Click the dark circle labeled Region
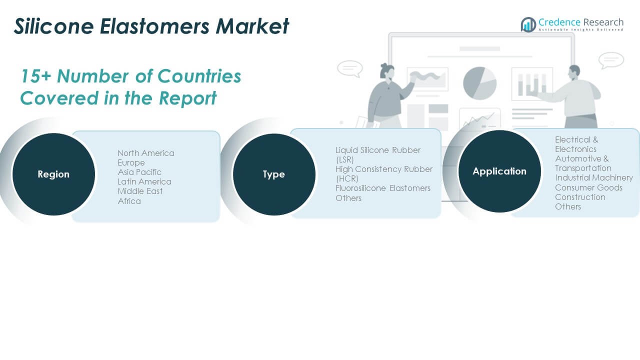[53, 174]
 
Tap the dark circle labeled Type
[274, 174]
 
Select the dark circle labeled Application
[499, 171]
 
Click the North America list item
[146, 153]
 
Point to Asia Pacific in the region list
[139, 172]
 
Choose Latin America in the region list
[144, 181]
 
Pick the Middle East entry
[140, 191]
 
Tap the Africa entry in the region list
[129, 201]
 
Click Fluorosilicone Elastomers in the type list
[383, 188]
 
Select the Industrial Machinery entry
[594, 177]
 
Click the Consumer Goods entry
[588, 187]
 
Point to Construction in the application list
[580, 197]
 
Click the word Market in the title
[252, 26]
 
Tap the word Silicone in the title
[54, 26]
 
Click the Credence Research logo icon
[528, 24]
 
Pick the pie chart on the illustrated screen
[480, 83]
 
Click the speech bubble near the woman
[350, 68]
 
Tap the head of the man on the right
[574, 73]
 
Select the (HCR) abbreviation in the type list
[347, 178]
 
